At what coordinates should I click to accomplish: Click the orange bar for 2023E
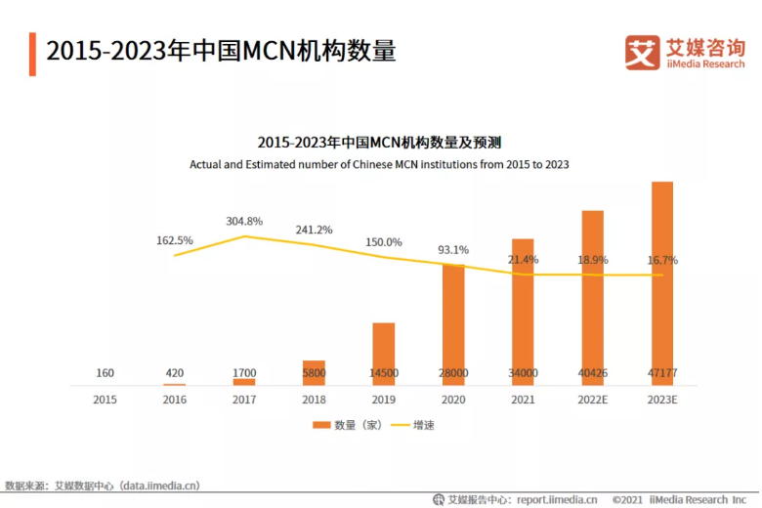click(662, 283)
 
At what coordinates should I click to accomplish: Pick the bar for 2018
click(314, 372)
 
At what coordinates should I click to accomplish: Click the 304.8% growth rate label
click(244, 222)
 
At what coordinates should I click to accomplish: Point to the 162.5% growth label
click(175, 240)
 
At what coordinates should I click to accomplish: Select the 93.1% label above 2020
click(452, 249)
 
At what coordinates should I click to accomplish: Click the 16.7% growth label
click(662, 260)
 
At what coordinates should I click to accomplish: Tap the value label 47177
click(662, 373)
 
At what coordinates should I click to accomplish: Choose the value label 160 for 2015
click(105, 373)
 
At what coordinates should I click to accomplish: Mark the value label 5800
click(314, 373)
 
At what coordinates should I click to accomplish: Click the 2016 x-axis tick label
click(175, 400)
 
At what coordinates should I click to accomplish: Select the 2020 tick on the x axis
click(453, 400)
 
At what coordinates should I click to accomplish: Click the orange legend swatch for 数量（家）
click(321, 426)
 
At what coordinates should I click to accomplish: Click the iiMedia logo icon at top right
click(642, 53)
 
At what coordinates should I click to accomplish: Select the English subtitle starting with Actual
click(379, 165)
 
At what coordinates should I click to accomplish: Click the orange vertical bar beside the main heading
click(32, 53)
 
